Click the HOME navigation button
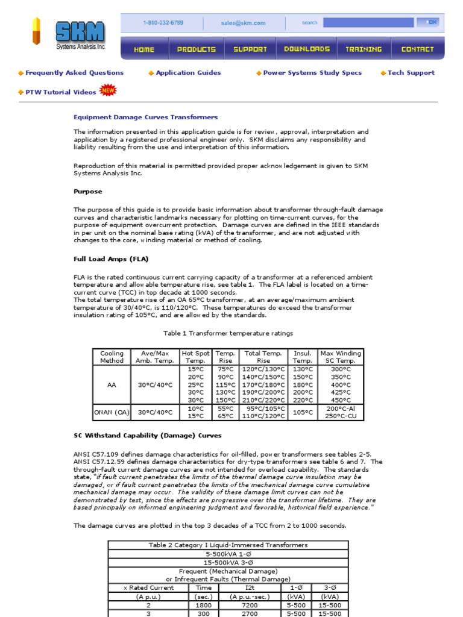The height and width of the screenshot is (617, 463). point(143,49)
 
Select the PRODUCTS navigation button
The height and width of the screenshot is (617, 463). point(196,49)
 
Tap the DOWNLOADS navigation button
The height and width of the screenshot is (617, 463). point(307,49)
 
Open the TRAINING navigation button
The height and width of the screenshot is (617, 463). point(364,49)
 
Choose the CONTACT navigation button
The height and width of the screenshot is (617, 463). point(417,49)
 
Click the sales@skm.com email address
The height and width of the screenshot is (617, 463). point(243,23)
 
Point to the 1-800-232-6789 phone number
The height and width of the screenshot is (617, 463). point(163,23)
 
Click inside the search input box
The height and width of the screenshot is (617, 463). point(368,23)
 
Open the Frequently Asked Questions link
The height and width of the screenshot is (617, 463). point(74,73)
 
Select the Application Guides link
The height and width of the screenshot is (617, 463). point(188,73)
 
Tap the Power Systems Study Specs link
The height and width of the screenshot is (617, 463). point(312,73)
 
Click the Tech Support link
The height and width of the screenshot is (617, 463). point(411,73)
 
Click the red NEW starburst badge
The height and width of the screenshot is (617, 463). point(108,90)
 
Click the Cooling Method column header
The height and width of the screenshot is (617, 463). point(112,357)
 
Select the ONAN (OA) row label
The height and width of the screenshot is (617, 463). point(112,412)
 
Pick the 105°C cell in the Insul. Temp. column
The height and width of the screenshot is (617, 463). point(302,412)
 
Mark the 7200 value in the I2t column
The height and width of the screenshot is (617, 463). point(250,605)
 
